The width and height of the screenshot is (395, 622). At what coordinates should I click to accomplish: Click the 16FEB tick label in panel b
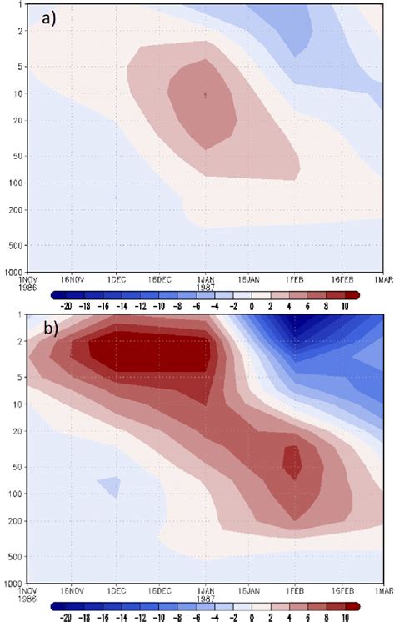pos(340,589)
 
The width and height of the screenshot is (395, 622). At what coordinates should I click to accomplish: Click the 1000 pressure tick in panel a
pos(14,272)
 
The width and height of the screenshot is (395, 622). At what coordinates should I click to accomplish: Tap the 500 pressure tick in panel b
pos(16,556)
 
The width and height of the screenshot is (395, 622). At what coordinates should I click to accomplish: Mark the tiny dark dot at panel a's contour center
pos(205,95)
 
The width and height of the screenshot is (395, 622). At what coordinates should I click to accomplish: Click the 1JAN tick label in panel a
pos(203,278)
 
